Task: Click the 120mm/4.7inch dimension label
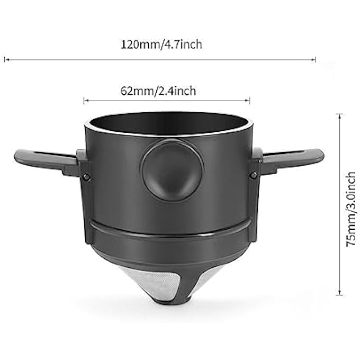tap(161, 44)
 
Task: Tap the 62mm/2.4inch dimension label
tap(158, 91)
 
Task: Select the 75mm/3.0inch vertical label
tap(351, 209)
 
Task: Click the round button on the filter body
tap(172, 170)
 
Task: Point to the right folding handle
tap(291, 159)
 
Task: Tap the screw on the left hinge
tap(86, 176)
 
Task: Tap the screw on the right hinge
tap(254, 175)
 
